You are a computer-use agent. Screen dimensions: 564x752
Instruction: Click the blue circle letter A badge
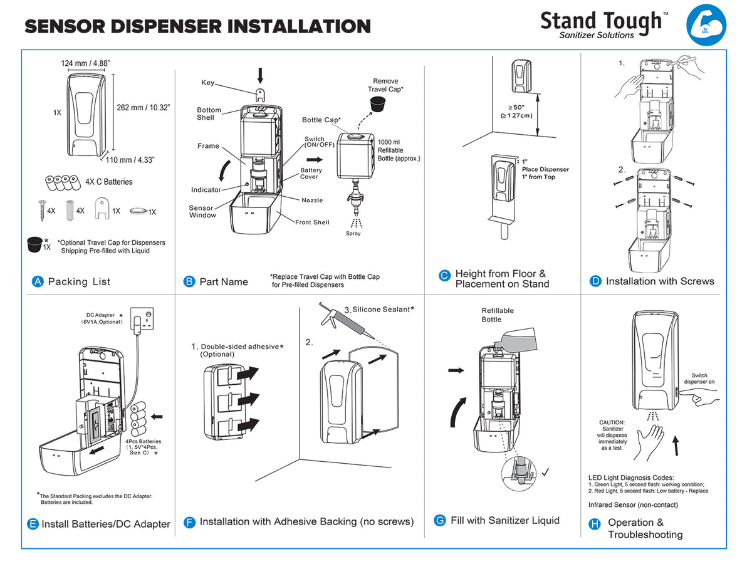tap(38, 282)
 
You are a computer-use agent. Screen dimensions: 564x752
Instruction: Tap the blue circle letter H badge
tap(595, 524)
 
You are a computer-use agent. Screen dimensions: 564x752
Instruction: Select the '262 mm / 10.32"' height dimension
tap(143, 107)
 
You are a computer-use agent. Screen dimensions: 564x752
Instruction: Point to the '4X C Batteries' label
tap(109, 182)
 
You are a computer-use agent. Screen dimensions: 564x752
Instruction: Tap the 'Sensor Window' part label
tap(202, 212)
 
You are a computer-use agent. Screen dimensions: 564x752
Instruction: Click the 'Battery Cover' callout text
tap(311, 174)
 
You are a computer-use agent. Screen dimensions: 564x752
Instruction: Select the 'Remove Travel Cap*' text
tap(385, 85)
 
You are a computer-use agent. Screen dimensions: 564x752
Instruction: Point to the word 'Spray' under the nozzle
tap(353, 234)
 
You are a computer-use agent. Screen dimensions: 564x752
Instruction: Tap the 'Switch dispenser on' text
tap(699, 379)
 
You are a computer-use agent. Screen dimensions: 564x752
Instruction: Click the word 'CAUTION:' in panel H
tap(612, 422)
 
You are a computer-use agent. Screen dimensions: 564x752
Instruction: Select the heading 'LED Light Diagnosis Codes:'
tap(631, 478)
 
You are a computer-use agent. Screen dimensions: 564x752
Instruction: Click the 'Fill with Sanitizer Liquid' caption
tap(504, 520)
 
